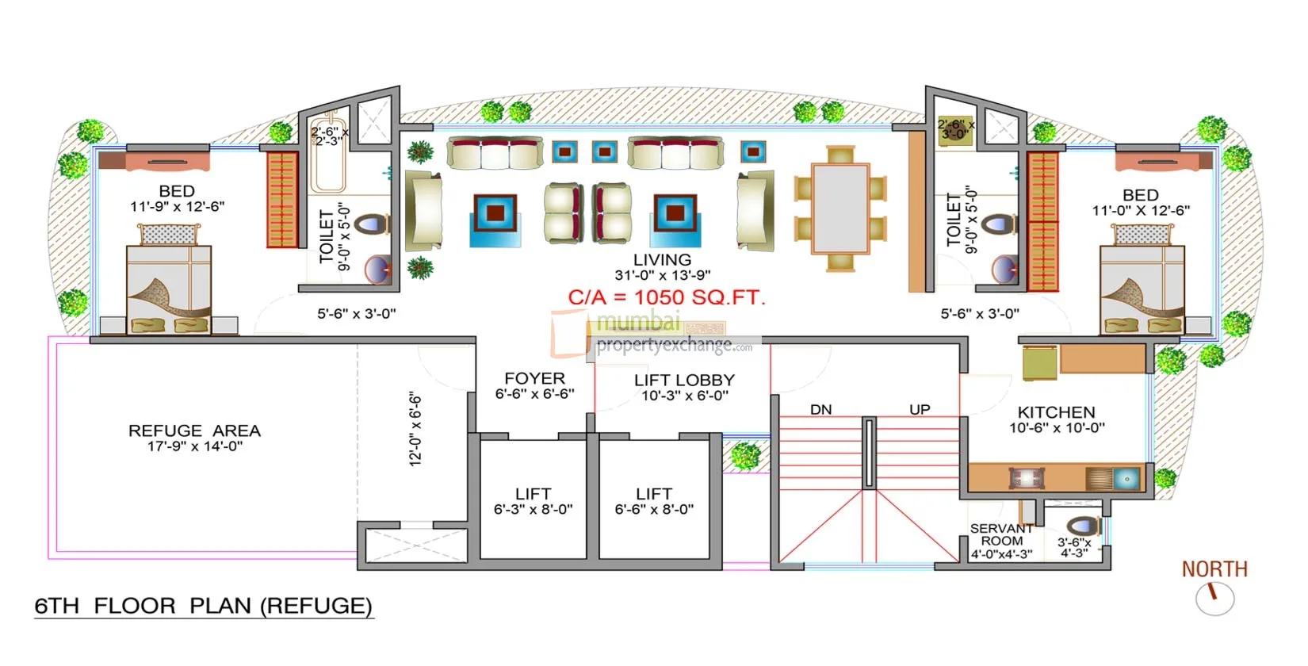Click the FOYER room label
[534, 379]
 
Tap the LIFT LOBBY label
[684, 381]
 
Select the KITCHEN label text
[1056, 412]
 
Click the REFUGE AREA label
[194, 431]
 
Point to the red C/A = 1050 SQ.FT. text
[667, 298]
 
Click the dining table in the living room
[840, 209]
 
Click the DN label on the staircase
[820, 410]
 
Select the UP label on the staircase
[920, 410]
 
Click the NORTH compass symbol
[1214, 597]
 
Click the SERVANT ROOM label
[1001, 534]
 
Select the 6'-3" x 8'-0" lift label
[533, 509]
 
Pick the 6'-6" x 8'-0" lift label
[654, 509]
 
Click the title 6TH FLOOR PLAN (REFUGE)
[203, 606]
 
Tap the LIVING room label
[662, 260]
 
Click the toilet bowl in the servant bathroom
[1083, 526]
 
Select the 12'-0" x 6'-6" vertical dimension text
[415, 428]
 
